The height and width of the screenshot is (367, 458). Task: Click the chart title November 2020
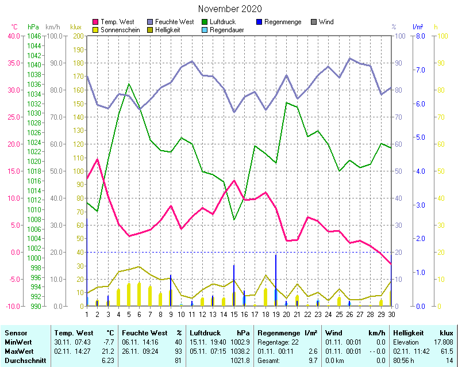click(230, 9)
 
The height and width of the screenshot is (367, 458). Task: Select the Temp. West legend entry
click(117, 22)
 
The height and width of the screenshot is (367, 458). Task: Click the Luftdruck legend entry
click(222, 22)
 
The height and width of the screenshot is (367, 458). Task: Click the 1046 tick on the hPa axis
click(34, 36)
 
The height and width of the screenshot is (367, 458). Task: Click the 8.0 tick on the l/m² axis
click(420, 36)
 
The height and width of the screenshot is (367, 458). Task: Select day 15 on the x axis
click(234, 314)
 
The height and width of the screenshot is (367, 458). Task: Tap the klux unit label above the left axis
click(75, 27)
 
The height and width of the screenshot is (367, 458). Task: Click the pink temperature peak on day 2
click(98, 159)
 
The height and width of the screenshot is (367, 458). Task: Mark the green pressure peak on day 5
click(129, 85)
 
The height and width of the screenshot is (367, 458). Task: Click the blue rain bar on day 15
click(234, 285)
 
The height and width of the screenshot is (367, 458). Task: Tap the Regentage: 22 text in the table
click(278, 342)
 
